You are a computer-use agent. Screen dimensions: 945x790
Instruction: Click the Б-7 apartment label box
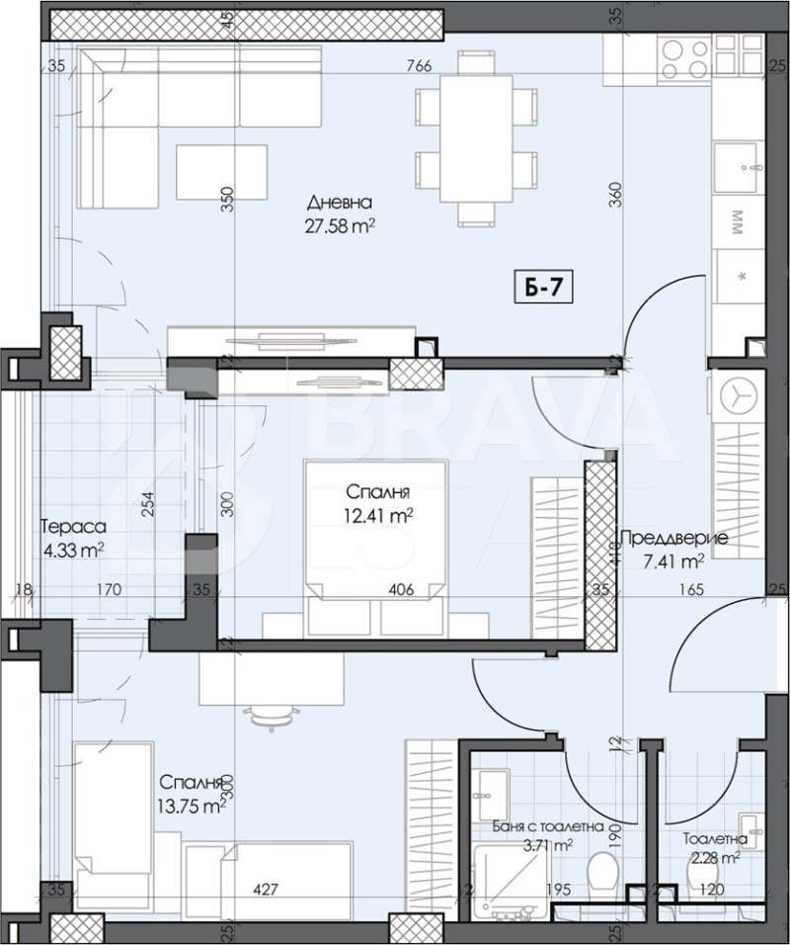click(542, 289)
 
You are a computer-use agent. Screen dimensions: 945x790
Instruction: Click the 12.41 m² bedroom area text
click(378, 515)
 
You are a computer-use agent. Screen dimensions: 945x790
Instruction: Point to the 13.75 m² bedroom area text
click(193, 806)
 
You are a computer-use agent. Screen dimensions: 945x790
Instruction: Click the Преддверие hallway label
click(673, 539)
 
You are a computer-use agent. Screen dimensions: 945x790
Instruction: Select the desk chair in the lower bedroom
click(270, 715)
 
